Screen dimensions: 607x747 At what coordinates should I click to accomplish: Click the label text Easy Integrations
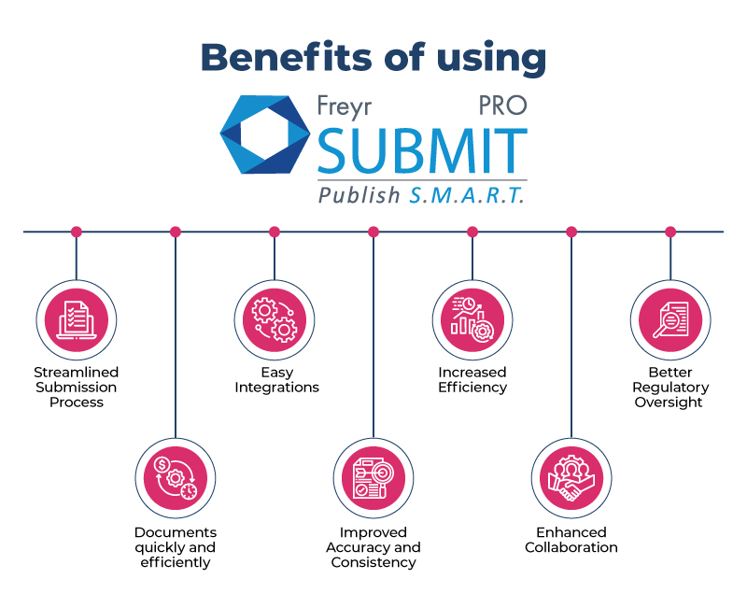coord(276,380)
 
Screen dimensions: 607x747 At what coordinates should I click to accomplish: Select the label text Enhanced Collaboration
coord(571,540)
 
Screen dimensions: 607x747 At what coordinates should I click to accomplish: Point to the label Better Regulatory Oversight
coord(670,388)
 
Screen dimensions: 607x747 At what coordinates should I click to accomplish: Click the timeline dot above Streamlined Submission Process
coord(77,232)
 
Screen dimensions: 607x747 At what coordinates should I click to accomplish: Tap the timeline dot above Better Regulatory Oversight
coord(670,232)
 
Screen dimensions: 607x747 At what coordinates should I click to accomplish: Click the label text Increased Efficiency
coord(472,380)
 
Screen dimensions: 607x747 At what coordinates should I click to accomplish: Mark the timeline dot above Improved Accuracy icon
coord(373,232)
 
